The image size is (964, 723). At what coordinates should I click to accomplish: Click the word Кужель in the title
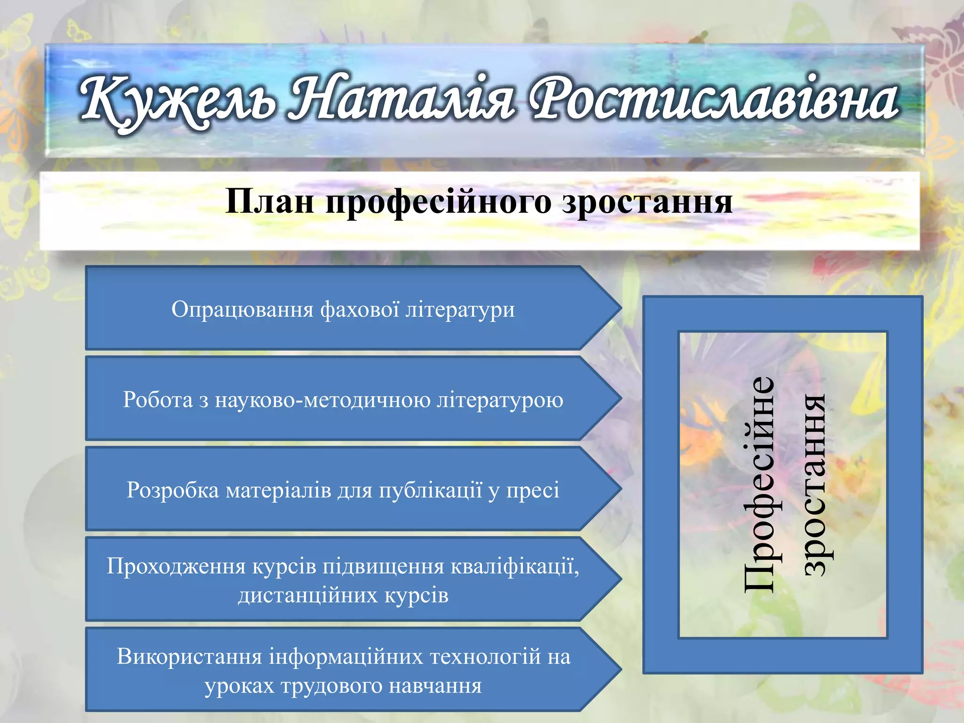tap(177, 101)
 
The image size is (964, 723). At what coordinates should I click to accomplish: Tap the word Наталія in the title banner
tap(400, 99)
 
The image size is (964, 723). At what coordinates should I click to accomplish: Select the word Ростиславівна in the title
tap(713, 99)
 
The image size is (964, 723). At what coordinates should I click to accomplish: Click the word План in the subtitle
tap(270, 202)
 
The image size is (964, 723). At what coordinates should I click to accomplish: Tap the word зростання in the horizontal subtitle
tap(647, 202)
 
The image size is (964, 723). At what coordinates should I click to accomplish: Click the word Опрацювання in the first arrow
tap(242, 310)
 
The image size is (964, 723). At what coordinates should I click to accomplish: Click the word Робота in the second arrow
tap(158, 400)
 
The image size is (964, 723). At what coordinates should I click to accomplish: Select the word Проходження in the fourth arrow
tap(176, 566)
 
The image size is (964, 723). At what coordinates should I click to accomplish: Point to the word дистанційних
tap(308, 595)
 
